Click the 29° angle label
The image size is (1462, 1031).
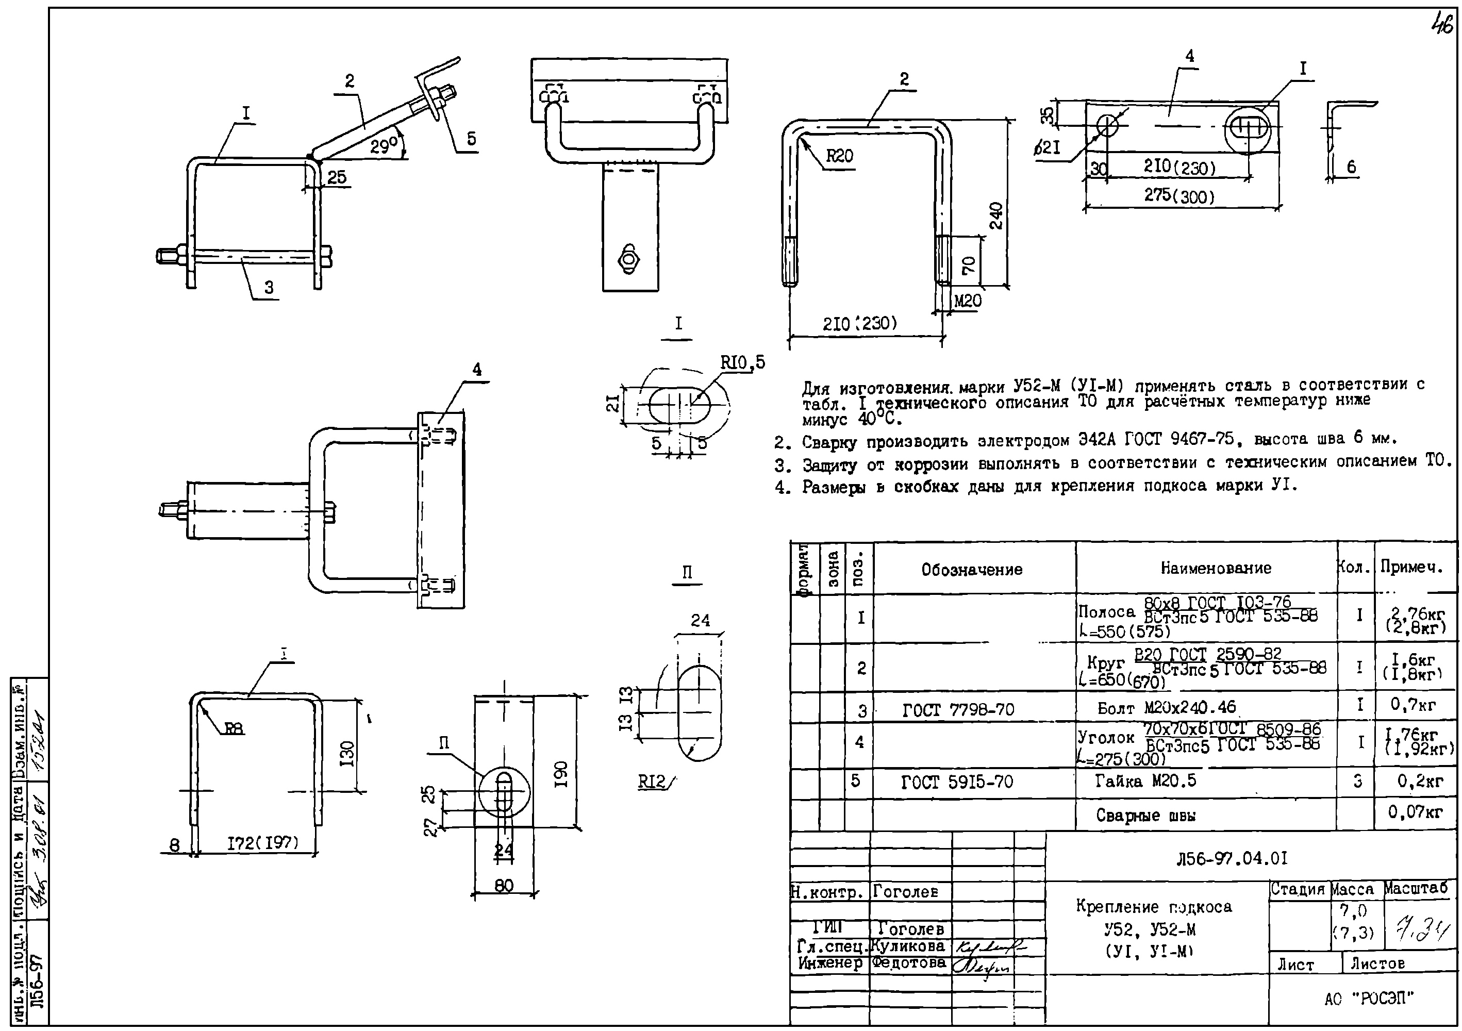click(x=384, y=147)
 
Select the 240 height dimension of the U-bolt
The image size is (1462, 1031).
click(x=996, y=215)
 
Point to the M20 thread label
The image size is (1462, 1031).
click(x=967, y=301)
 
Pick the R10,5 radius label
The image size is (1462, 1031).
click(x=742, y=363)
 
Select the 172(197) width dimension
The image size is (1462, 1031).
click(x=263, y=843)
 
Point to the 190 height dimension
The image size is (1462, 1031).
click(x=561, y=774)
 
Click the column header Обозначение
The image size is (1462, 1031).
click(x=972, y=569)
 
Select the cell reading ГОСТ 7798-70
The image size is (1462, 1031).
click(x=958, y=709)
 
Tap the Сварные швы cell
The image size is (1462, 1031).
click(x=1145, y=816)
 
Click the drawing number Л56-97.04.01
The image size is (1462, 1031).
click(x=1232, y=858)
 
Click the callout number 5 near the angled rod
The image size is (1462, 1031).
click(x=471, y=139)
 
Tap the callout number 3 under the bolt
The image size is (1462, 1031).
click(x=269, y=287)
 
